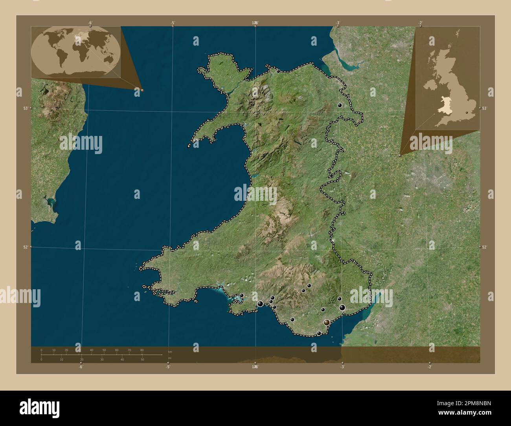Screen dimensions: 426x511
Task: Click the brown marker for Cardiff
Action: tap(327, 323)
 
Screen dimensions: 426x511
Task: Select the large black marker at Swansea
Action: tap(260, 303)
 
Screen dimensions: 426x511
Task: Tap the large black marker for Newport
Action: tap(342, 308)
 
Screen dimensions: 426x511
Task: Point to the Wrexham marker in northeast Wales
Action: tap(340, 105)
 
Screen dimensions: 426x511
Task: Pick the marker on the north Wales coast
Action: tap(278, 72)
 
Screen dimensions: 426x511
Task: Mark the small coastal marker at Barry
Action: tap(319, 333)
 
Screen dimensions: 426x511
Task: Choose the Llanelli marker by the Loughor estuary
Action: tap(242, 296)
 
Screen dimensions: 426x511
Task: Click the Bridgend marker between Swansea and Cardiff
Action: tap(292, 319)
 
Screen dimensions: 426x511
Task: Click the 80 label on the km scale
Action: tap(142, 350)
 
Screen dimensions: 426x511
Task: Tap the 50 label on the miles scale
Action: tap(143, 360)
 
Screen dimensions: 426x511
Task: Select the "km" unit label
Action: tap(170, 351)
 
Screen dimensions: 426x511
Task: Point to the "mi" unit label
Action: tap(169, 358)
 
